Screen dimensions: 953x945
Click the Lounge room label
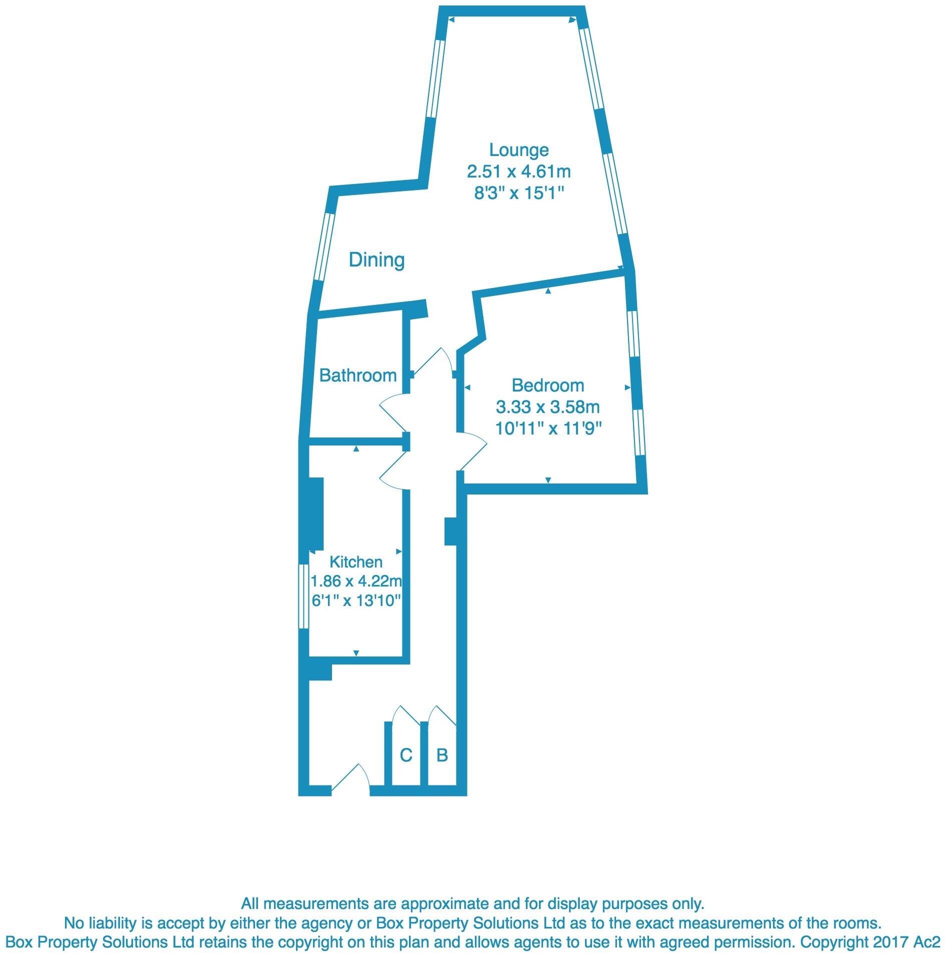[x=518, y=150]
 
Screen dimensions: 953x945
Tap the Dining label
[x=376, y=260]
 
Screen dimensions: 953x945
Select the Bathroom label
[x=358, y=375]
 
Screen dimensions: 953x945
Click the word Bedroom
[x=548, y=385]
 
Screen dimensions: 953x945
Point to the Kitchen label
[x=356, y=562]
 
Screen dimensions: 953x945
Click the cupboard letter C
[x=406, y=754]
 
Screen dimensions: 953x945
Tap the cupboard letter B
[x=442, y=754]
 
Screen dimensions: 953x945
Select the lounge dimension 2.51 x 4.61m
[x=518, y=172]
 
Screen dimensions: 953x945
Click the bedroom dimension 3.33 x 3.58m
[x=548, y=407]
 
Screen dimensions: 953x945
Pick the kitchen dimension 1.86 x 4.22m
[x=356, y=581]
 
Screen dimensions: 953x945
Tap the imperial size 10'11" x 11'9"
[x=548, y=428]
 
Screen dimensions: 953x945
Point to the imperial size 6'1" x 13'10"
[x=356, y=600]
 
